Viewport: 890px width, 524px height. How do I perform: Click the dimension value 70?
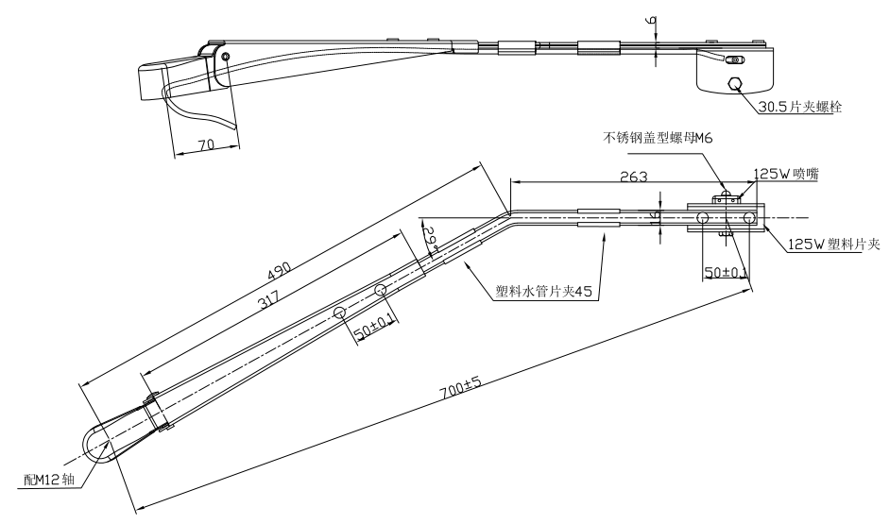pos(206,144)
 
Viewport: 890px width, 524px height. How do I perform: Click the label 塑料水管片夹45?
pos(543,292)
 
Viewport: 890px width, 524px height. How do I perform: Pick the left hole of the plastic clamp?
pos(703,218)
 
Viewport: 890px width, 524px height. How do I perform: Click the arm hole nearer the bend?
pos(380,290)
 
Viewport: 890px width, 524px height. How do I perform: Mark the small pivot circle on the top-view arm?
pos(226,57)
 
